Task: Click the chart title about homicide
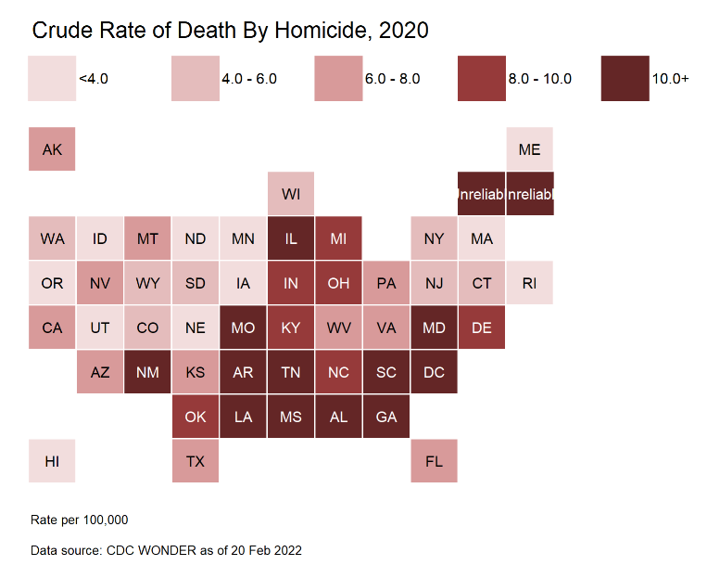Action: click(x=230, y=31)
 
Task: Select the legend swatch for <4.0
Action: click(x=52, y=79)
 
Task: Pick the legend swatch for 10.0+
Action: click(x=625, y=79)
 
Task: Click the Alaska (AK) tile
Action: click(x=52, y=149)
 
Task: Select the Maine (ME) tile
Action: click(x=529, y=149)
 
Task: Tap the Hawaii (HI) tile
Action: click(x=52, y=461)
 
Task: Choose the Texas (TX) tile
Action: click(x=196, y=461)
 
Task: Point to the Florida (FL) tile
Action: click(x=434, y=461)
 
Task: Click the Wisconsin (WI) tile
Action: click(x=291, y=194)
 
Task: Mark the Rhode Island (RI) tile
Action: click(x=529, y=283)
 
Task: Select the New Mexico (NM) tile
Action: click(x=147, y=372)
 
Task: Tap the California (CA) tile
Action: click(x=52, y=328)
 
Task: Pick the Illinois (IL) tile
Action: click(x=291, y=238)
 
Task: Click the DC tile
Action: click(x=434, y=372)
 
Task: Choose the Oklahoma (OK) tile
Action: click(x=196, y=417)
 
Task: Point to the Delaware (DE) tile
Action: click(x=482, y=328)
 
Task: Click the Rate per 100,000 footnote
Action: click(x=79, y=520)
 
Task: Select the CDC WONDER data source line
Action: click(x=166, y=550)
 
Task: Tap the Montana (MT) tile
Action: click(x=147, y=238)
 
